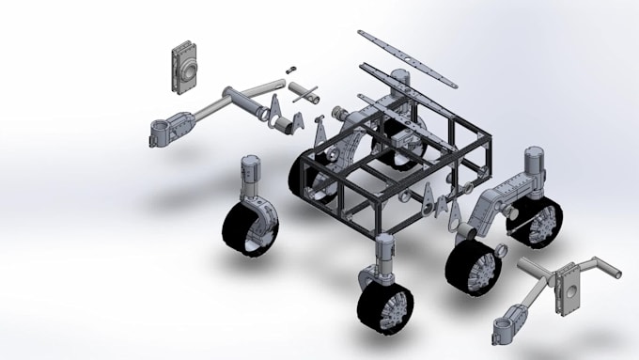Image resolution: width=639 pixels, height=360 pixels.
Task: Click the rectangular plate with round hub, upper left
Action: tap(185, 67)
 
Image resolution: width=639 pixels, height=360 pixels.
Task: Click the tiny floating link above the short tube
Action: tap(291, 70)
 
